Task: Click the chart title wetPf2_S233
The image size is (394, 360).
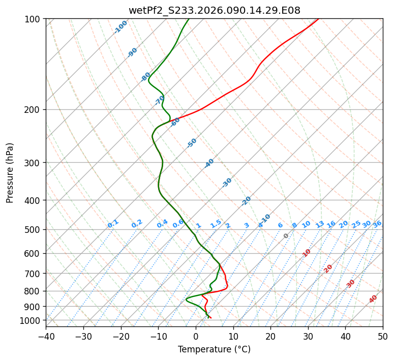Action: coord(214,10)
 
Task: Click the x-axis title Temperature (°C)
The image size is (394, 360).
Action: coord(214,350)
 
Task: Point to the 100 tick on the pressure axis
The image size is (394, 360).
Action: coord(34,19)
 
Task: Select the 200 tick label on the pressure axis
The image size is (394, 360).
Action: coord(34,109)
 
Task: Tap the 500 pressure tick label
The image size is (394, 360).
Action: coord(34,229)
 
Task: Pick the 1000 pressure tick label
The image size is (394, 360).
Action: coord(32,320)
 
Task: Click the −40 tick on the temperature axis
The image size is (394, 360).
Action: coord(46,336)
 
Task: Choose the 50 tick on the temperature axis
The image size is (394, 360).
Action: coord(383,336)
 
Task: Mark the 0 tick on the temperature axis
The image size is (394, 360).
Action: coord(196,336)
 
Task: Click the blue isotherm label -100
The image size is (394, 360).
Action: coord(120,27)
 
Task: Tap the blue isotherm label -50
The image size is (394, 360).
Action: coord(192,143)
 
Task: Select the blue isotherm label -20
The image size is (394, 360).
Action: coord(246,201)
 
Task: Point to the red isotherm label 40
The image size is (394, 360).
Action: coord(373,299)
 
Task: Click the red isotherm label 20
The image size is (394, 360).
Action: coord(328,268)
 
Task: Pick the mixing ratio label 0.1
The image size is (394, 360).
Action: coord(113,224)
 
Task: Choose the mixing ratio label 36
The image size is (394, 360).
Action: coord(377,224)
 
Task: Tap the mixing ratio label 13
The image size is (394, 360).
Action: coord(320,224)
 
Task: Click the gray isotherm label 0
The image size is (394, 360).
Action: coord(286,236)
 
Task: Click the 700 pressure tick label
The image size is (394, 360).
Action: coord(34,274)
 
